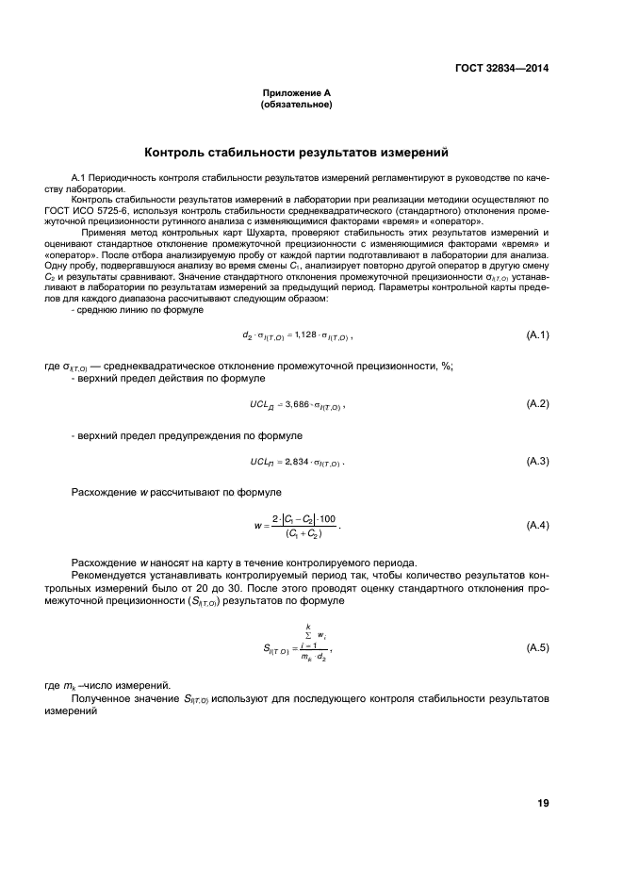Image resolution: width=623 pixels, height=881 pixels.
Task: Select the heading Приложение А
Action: click(x=296, y=93)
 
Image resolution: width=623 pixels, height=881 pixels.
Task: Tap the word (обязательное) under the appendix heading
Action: click(x=296, y=105)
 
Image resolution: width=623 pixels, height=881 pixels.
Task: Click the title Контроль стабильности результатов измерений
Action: click(x=295, y=152)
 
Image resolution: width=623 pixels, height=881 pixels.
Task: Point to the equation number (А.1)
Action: click(x=537, y=335)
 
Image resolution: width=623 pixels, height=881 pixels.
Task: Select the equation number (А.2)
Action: click(x=537, y=404)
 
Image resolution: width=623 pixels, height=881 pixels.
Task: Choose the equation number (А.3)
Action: click(x=537, y=462)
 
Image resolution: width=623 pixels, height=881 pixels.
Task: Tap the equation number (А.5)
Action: click(x=537, y=649)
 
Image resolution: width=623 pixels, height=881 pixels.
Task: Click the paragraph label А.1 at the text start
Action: click(x=79, y=177)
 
